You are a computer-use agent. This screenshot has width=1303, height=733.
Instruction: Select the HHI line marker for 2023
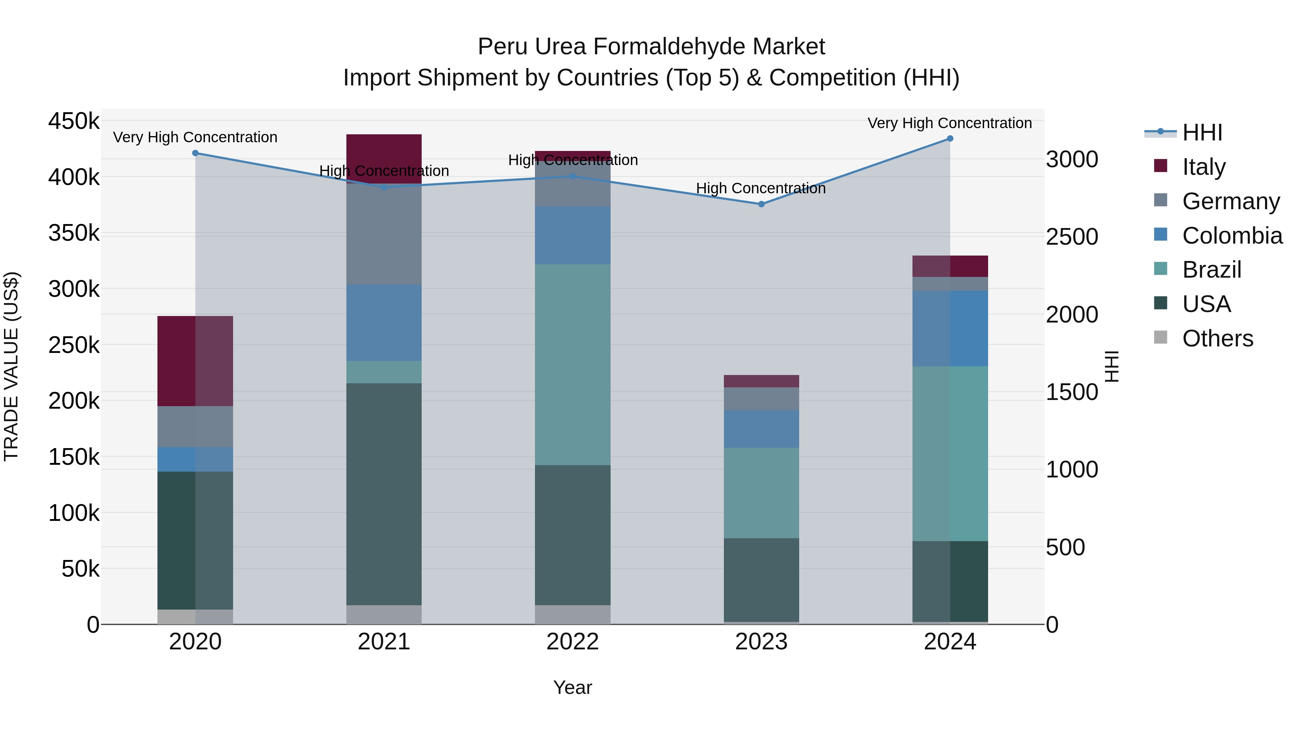761,204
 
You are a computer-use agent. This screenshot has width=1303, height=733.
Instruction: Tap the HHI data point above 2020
195,153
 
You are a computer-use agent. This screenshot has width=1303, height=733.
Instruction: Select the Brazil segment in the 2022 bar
572,364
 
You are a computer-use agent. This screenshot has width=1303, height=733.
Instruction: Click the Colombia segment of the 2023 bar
761,429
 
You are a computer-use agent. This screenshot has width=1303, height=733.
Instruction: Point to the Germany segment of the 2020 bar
195,426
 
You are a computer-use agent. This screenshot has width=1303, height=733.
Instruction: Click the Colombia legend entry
1232,236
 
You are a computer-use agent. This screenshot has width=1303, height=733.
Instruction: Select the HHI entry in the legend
1202,132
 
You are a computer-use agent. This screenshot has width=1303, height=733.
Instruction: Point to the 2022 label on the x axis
572,642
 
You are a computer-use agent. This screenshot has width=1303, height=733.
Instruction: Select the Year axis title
572,687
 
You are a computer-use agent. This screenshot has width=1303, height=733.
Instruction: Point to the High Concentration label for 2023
761,188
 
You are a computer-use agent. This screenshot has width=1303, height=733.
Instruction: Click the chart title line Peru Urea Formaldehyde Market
651,47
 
